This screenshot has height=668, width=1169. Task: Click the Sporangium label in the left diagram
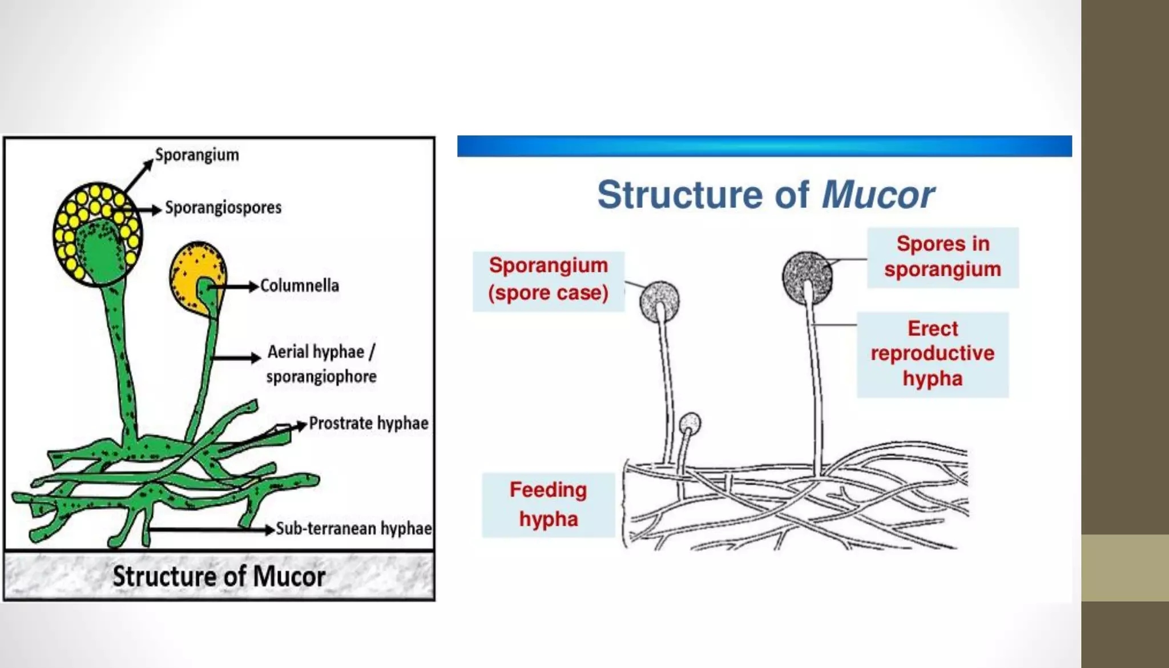197,155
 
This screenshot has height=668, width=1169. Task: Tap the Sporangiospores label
223,207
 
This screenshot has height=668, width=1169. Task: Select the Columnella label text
300,285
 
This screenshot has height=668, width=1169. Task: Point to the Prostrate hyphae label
369,423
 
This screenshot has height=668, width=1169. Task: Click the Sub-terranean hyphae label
353,529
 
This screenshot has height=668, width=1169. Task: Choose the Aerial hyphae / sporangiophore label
321,364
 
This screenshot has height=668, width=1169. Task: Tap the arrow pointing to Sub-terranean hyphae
211,530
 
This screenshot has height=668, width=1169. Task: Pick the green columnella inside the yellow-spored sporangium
102,251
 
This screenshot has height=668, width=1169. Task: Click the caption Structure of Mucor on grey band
219,576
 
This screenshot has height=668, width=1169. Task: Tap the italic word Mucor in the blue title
877,195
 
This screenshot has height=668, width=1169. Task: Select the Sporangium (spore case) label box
548,280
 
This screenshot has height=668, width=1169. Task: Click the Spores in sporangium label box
942,257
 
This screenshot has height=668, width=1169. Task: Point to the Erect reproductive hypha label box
932,354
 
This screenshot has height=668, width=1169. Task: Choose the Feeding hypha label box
548,505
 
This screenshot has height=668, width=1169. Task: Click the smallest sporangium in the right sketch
690,424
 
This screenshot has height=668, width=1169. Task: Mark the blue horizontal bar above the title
764,146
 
